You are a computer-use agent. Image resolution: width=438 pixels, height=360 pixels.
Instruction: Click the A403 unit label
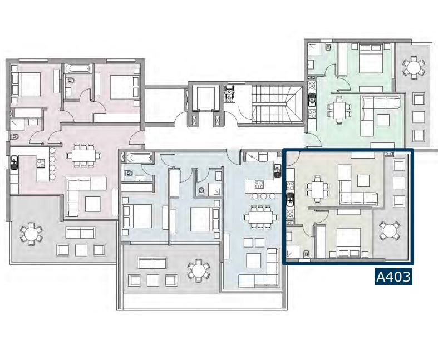pyautogui.click(x=393, y=277)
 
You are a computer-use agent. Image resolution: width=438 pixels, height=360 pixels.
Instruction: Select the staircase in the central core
pyautogui.click(x=277, y=104)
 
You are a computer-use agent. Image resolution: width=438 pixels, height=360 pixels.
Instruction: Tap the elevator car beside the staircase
pyautogui.click(x=206, y=98)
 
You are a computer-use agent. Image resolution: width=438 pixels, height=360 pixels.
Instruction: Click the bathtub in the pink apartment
pyautogui.click(x=78, y=68)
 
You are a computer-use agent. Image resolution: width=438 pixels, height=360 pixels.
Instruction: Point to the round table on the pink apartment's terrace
pyautogui.click(x=31, y=234)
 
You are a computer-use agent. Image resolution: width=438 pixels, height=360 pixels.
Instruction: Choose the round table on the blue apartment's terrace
pyautogui.click(x=198, y=270)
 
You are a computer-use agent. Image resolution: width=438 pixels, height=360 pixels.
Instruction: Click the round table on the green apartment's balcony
pyautogui.click(x=414, y=67)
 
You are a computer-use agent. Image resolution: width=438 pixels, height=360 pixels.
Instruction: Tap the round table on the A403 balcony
pyautogui.click(x=390, y=231)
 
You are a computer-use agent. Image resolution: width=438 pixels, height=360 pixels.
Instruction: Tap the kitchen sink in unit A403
pyautogui.click(x=291, y=199)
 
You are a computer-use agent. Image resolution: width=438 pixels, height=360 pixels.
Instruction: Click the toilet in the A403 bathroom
pyautogui.click(x=306, y=254)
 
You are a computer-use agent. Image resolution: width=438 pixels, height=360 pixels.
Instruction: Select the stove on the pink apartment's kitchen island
pyautogui.click(x=41, y=164)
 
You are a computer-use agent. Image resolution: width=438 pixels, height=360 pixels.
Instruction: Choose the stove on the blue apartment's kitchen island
pyautogui.click(x=258, y=185)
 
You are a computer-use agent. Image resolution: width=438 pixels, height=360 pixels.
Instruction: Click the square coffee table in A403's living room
pyautogui.click(x=363, y=181)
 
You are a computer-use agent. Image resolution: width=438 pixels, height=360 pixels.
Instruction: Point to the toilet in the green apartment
pyautogui.click(x=328, y=47)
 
